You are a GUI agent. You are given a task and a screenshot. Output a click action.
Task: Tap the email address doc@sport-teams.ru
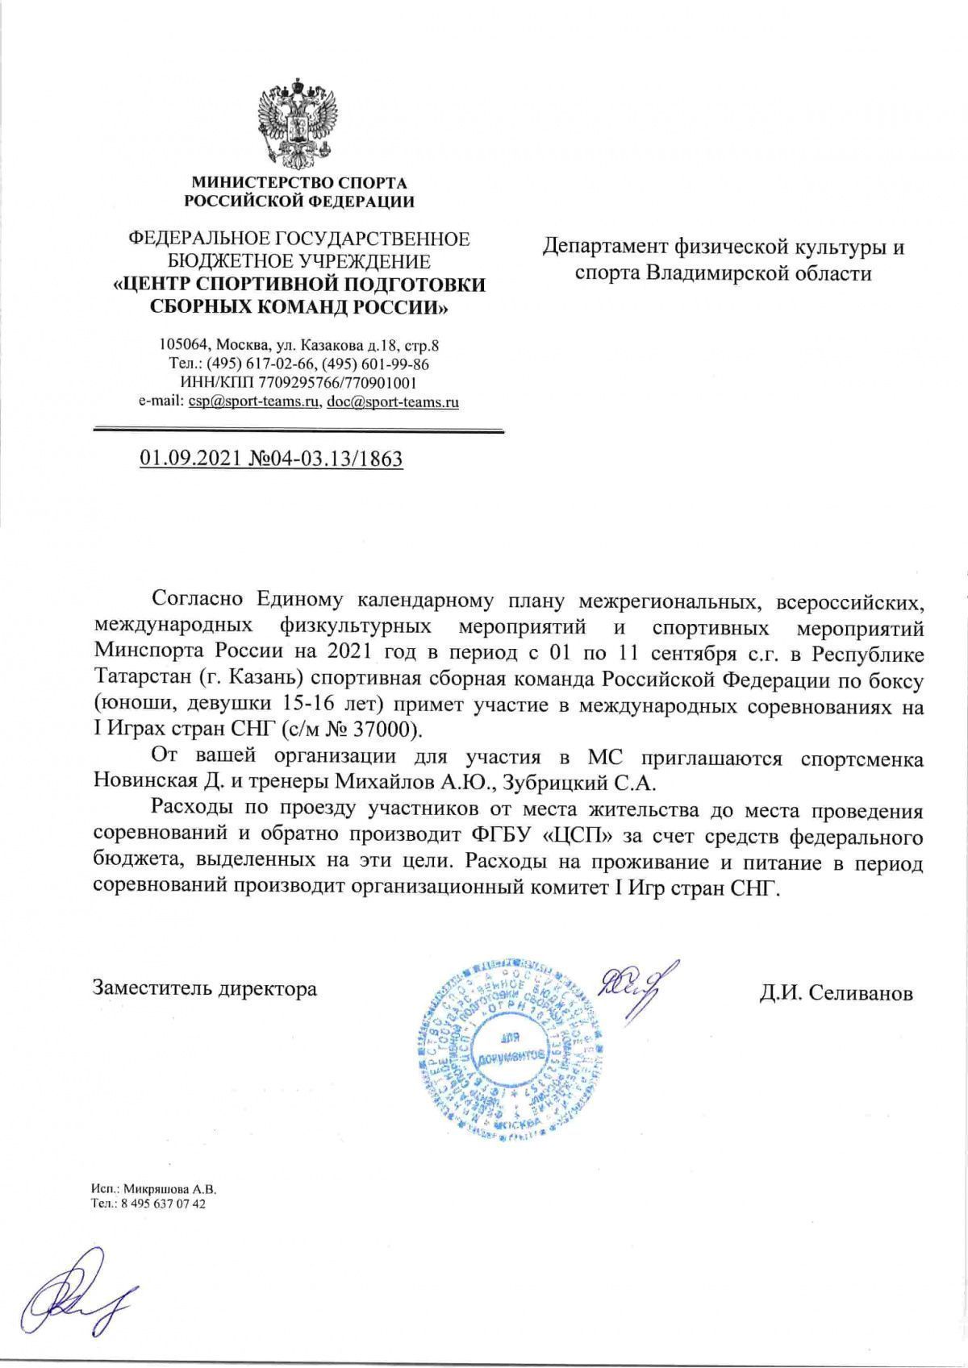pos(392,401)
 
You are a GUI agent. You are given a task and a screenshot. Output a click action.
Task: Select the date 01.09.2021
pos(186,459)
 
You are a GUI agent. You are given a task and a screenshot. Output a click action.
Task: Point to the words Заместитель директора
pos(205,988)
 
